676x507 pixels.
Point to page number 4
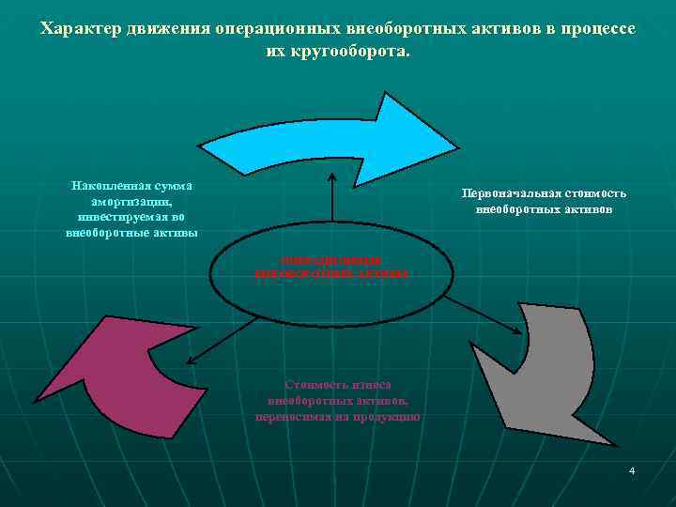632,469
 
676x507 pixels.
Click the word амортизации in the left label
131,202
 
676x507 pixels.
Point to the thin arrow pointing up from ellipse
331,206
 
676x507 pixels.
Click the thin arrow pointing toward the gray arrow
483,315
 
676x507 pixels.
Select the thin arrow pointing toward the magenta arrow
221,341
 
